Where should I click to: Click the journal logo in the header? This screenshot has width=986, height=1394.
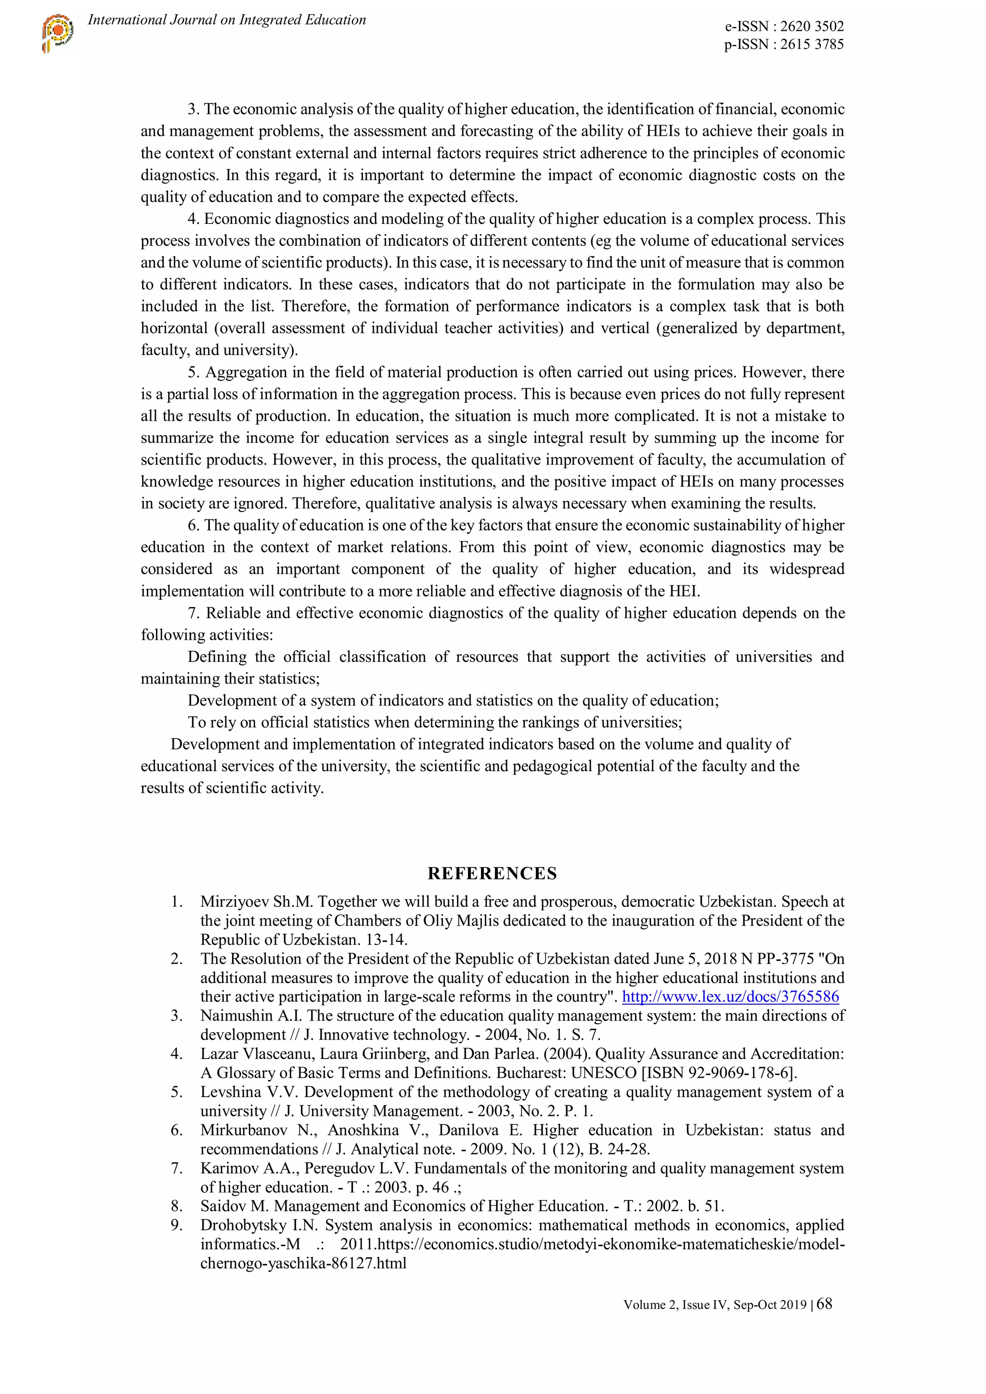point(58,33)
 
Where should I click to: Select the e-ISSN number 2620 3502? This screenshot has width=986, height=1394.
point(812,26)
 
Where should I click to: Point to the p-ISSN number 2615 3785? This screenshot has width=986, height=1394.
point(812,44)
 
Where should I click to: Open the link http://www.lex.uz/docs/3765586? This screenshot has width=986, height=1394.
point(730,996)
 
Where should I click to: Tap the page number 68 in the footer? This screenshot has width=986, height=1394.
point(825,1304)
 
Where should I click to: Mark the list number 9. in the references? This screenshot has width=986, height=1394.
point(176,1225)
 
